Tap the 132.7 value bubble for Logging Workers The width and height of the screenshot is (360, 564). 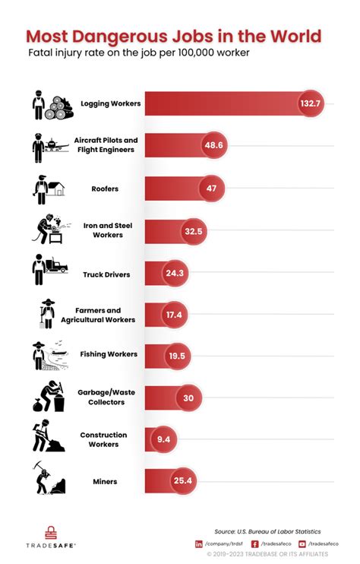310,103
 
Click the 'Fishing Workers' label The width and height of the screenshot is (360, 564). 109,354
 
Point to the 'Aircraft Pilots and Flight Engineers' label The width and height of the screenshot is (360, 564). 106,144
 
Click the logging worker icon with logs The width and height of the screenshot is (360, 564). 49,104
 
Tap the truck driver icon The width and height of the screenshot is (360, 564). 49,270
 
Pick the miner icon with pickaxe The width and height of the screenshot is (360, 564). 47,477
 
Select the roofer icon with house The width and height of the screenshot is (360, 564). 47,187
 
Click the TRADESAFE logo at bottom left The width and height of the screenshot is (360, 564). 47,537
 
